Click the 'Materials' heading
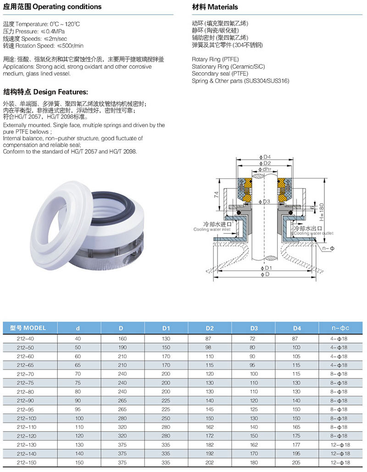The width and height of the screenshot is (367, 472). pyautogui.click(x=223, y=7)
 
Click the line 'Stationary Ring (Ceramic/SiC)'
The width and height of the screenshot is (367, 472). pyautogui.click(x=228, y=67)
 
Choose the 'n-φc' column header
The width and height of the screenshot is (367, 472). pyautogui.click(x=339, y=328)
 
